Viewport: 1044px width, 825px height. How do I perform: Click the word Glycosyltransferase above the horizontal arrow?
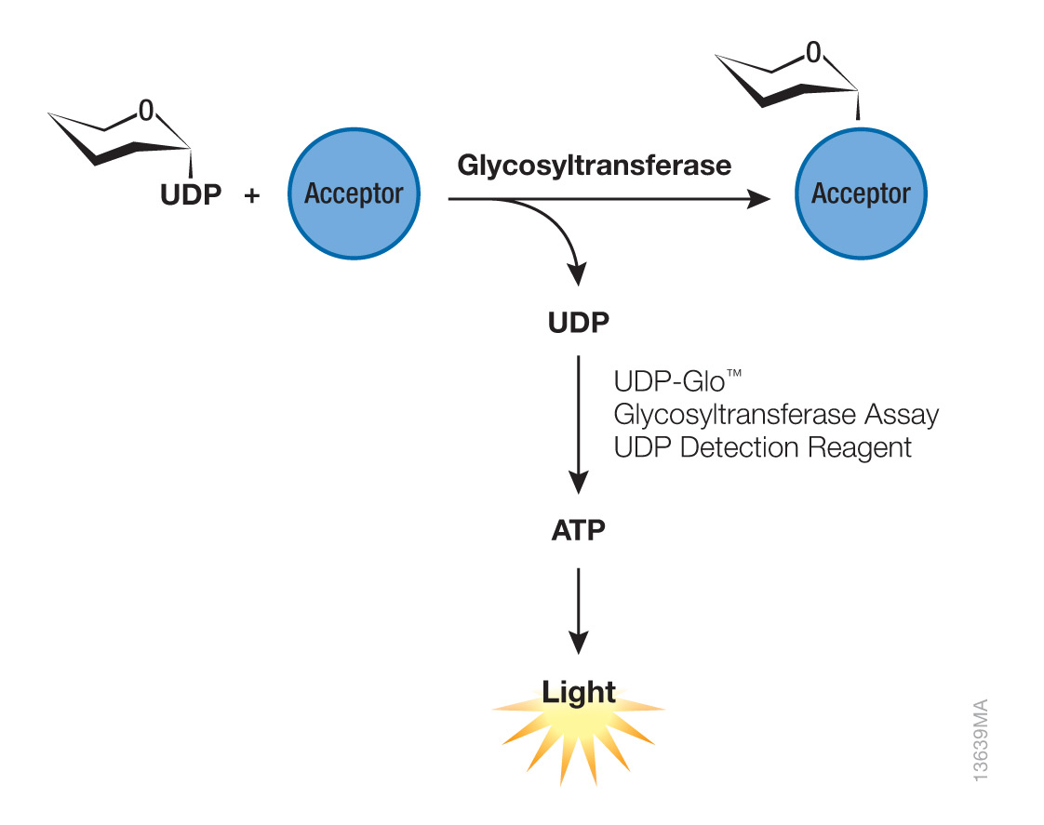point(594,166)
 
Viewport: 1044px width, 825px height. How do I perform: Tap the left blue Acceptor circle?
point(354,194)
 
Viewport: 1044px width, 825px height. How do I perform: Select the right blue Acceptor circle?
point(860,194)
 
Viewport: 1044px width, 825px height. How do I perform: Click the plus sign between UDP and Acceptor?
point(251,196)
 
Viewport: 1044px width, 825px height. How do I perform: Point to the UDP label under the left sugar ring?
point(190,196)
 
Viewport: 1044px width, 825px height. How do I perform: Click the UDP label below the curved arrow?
point(578,323)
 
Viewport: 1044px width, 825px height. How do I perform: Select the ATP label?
point(578,531)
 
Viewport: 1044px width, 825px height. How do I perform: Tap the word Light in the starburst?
point(579,692)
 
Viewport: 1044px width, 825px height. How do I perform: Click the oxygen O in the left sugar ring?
point(145,112)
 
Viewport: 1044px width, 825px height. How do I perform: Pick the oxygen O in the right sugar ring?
point(814,54)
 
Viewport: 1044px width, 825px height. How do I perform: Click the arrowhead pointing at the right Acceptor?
point(760,199)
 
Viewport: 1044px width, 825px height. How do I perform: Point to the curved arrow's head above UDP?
point(578,275)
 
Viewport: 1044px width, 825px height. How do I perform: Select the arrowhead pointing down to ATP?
point(578,483)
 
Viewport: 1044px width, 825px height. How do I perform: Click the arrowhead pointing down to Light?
point(578,643)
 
